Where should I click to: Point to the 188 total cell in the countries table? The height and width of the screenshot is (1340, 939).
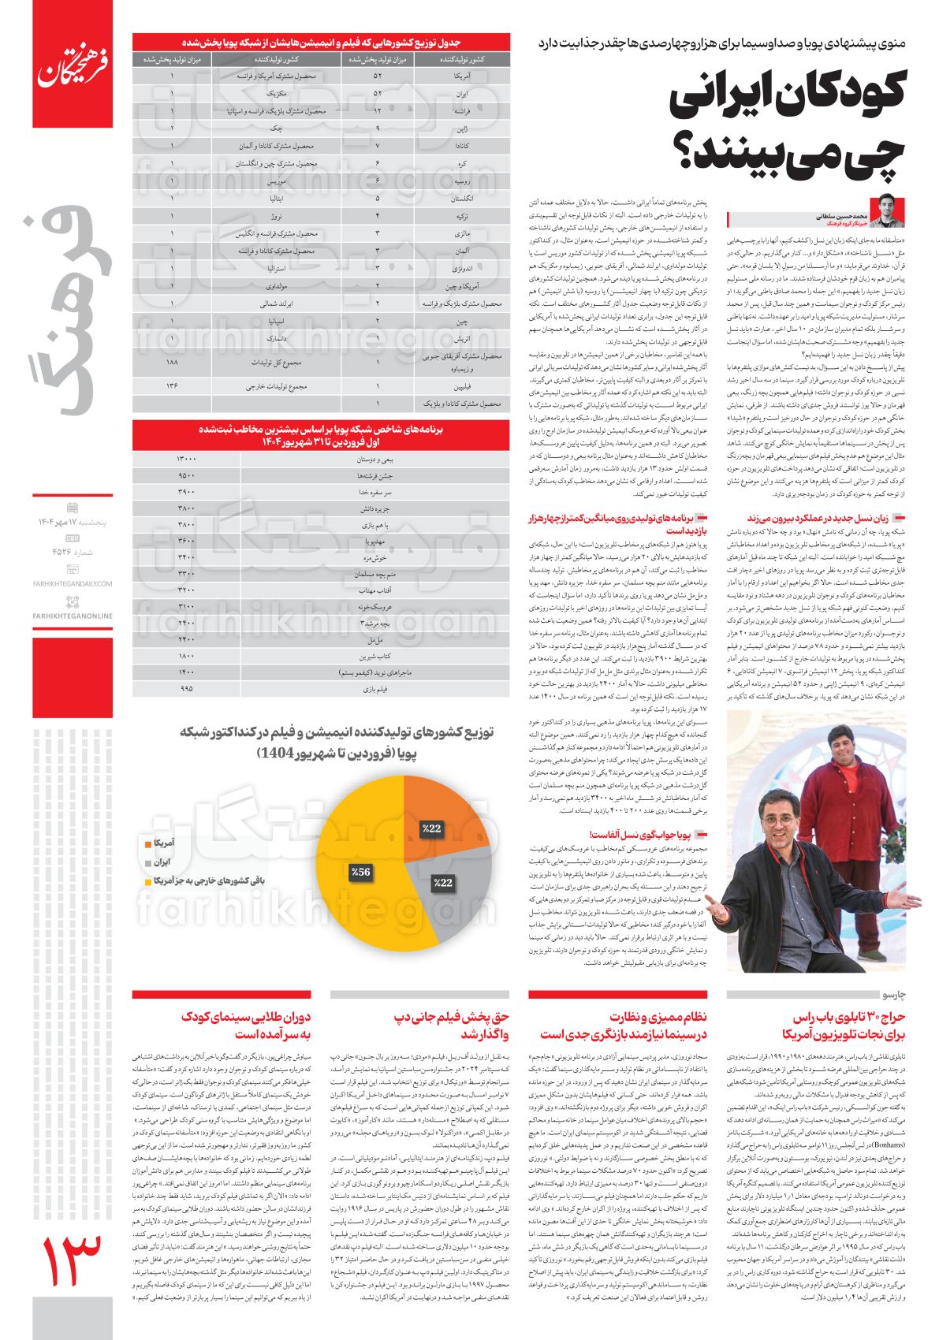[x=172, y=363]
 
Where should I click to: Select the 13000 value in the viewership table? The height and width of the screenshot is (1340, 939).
[x=186, y=458]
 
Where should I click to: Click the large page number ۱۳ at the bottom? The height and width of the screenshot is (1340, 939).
[x=71, y=1274]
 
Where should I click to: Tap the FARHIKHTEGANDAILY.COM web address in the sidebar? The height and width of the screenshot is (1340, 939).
[x=73, y=583]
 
